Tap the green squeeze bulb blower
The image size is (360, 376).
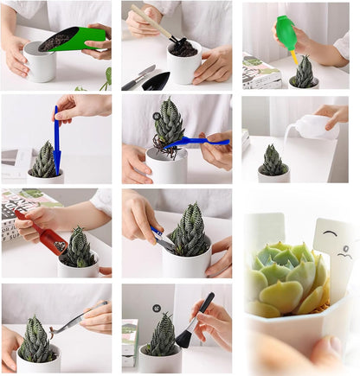pos(286,33)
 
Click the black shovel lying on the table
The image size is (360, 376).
pos(156,81)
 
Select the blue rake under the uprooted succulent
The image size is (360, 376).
pos(196,141)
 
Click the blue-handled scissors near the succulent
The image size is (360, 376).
pos(161,238)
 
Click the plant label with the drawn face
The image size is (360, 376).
pos(336,250)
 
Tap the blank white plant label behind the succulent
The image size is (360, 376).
pos(266,233)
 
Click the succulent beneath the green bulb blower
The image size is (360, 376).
pos(304,73)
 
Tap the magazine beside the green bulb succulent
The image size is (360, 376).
pos(260,72)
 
